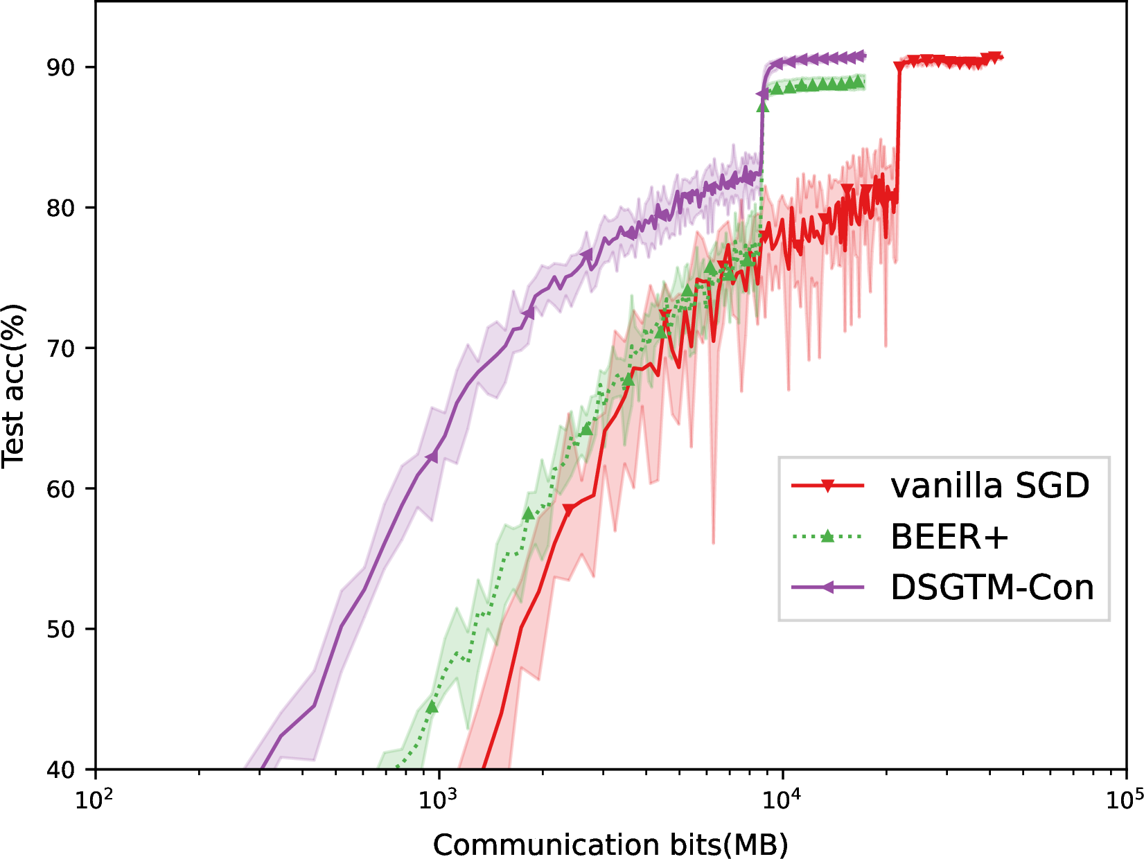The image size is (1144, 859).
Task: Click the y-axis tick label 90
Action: coord(61,68)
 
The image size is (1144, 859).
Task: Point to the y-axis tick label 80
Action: coord(61,208)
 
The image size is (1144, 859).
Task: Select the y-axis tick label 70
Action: coord(61,348)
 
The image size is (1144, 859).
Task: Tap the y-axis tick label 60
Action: coord(61,488)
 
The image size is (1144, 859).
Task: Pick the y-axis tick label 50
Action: coord(61,629)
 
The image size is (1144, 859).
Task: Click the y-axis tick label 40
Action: coord(61,770)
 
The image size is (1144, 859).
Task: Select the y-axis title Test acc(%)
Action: coord(14,386)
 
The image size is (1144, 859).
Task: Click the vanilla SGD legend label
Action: coord(989,486)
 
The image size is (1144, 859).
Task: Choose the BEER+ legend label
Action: coord(949,537)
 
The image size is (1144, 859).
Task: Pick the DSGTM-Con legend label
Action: coord(992,587)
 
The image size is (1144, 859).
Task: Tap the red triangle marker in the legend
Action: coord(827,486)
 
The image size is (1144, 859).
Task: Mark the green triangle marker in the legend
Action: coord(827,536)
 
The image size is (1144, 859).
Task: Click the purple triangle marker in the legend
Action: coord(827,587)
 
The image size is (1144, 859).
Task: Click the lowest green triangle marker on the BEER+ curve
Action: coord(432,707)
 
